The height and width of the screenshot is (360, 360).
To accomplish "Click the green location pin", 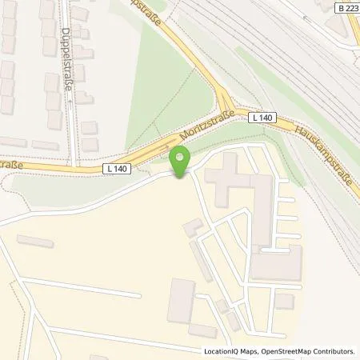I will (x=180, y=161).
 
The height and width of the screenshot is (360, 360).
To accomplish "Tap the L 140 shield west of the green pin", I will (x=115, y=169).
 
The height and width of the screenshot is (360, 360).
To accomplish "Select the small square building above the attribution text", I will (x=284, y=302).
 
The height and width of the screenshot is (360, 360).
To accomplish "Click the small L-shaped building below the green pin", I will (x=192, y=228).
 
